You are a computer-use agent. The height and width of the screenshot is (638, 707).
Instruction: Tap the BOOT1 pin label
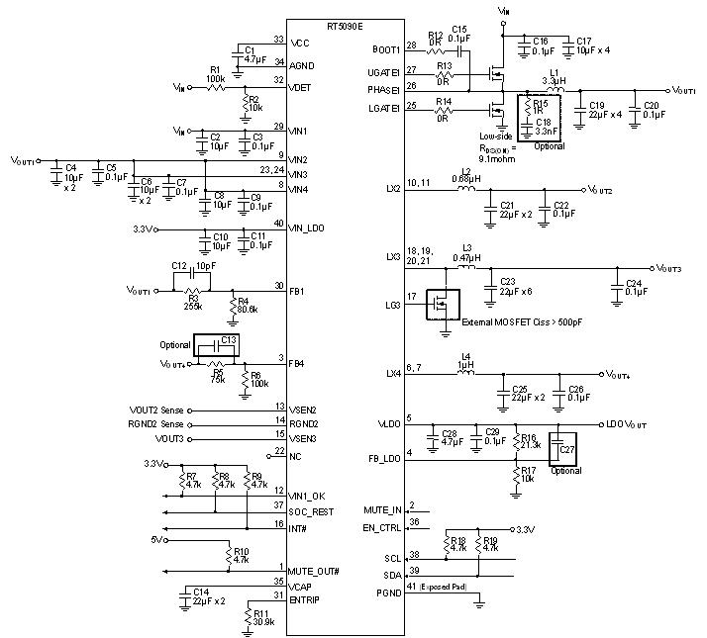coord(384,46)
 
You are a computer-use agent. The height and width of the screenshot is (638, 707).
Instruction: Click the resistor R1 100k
coord(215,87)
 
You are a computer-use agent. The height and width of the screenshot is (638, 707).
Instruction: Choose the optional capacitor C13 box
coord(217,346)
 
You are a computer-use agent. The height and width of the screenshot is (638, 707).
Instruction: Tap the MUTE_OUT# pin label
coord(313,572)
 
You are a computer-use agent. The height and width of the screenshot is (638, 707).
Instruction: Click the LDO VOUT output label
coord(628,424)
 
